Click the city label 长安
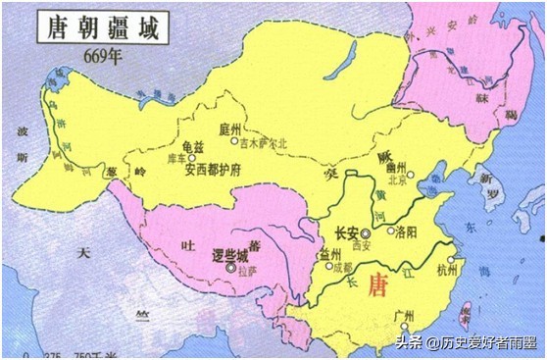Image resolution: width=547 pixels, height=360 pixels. (344, 233)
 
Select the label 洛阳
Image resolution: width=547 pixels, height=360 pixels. (406, 232)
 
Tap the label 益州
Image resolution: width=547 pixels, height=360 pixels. (329, 254)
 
